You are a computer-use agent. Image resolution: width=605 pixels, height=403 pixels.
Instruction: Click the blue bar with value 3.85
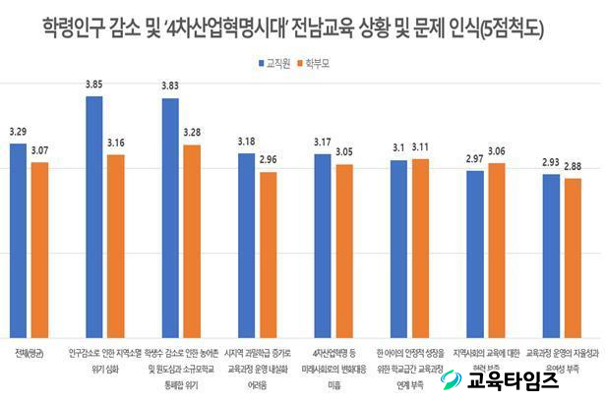pyautogui.click(x=94, y=216)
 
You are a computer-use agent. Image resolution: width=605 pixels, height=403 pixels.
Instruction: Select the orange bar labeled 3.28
pyautogui.click(x=192, y=241)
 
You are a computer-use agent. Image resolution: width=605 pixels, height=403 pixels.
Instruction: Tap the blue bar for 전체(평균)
pyautogui.click(x=19, y=240)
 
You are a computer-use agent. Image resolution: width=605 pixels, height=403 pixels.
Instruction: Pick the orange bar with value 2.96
pyautogui.click(x=269, y=255)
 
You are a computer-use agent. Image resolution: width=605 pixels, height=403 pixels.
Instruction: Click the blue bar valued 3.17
pyautogui.click(x=323, y=246)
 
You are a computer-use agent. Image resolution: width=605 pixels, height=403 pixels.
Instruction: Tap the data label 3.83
pyautogui.click(x=170, y=87)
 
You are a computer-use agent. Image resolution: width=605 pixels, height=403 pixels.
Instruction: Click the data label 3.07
pyautogui.click(x=39, y=150)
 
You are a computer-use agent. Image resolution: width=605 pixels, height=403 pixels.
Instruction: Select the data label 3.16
pyautogui.click(x=115, y=143)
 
